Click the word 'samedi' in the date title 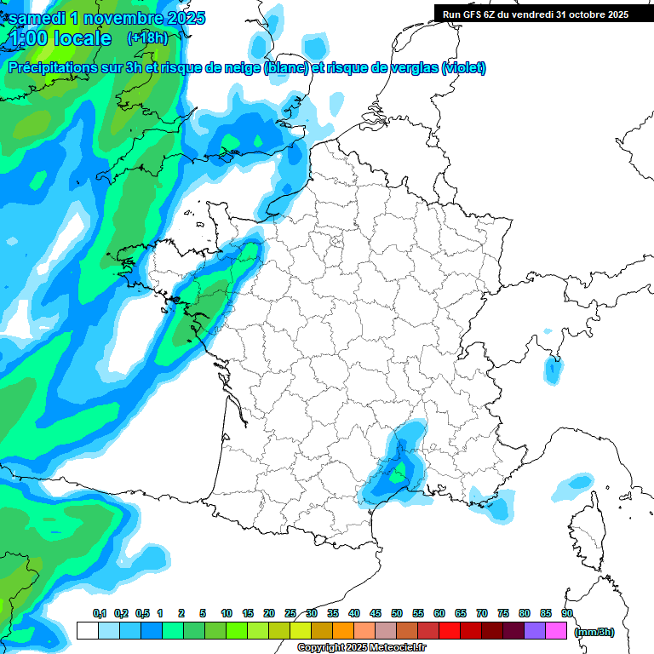click(x=36, y=18)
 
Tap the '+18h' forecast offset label click(x=148, y=38)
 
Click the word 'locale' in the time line click(x=81, y=39)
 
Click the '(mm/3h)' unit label click(x=594, y=631)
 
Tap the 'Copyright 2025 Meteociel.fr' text click(x=362, y=648)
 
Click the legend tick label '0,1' click(x=99, y=614)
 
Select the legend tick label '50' click(x=397, y=614)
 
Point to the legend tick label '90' click(x=566, y=614)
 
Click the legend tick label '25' click(x=290, y=614)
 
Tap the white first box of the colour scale click(x=87, y=631)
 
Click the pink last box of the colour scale click(x=556, y=631)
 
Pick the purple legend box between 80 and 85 click(x=535, y=631)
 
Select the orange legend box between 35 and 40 click(x=343, y=631)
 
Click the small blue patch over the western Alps click(x=554, y=370)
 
